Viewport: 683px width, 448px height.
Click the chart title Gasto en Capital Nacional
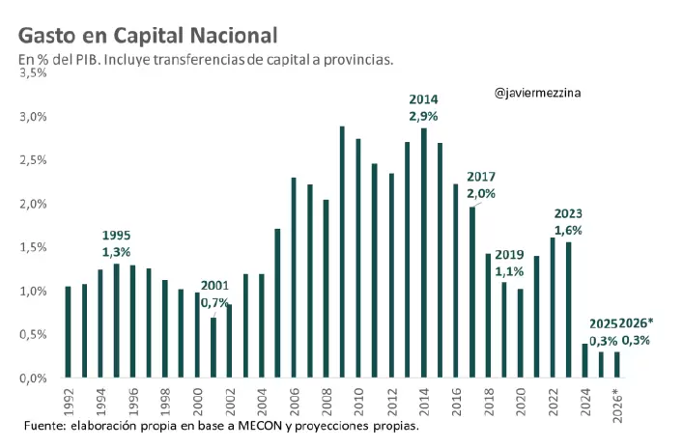(148, 36)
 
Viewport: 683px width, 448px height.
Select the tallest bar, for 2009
(342, 252)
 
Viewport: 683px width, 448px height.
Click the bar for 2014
(423, 253)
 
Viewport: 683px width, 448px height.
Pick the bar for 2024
(584, 361)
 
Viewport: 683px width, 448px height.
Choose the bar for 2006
(294, 278)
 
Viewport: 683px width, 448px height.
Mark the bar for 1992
(68, 332)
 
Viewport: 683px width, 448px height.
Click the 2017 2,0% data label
(481, 185)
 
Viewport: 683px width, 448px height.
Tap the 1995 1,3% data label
(117, 243)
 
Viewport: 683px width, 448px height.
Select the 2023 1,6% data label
(568, 221)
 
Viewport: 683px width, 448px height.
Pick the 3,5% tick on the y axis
(33, 73)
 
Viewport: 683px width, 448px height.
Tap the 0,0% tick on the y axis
(33, 378)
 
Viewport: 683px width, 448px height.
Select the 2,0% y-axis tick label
(33, 204)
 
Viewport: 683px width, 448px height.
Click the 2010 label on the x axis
(358, 399)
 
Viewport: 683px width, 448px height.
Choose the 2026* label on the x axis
(616, 401)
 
